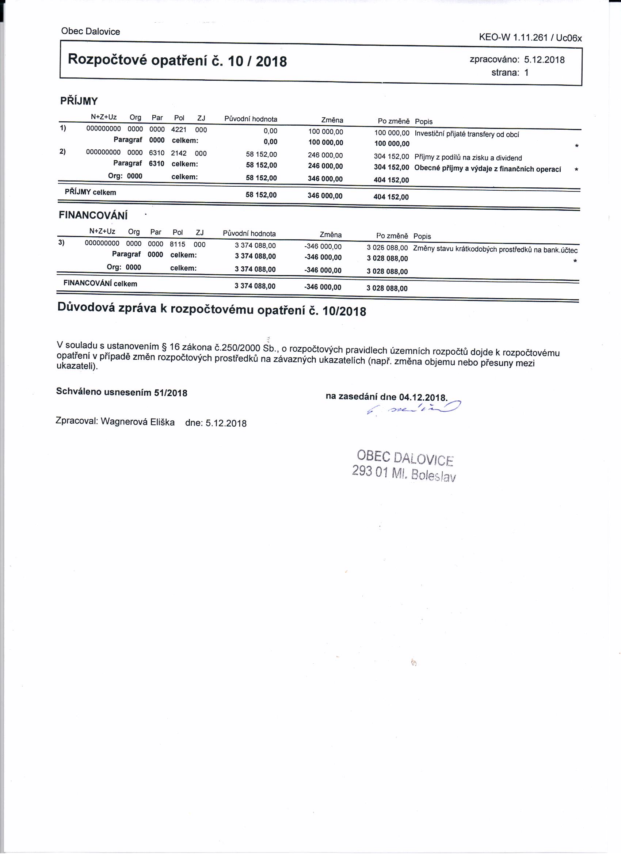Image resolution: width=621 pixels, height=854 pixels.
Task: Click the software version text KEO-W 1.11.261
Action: pyautogui.click(x=513, y=37)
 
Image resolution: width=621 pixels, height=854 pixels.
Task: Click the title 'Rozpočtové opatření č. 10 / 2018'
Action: pyautogui.click(x=177, y=60)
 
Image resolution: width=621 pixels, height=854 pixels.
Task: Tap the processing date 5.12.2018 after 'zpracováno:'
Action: pyautogui.click(x=544, y=60)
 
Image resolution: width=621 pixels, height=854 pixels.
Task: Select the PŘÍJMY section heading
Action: pyautogui.click(x=79, y=101)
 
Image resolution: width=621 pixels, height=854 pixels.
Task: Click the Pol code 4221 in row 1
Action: pyautogui.click(x=179, y=130)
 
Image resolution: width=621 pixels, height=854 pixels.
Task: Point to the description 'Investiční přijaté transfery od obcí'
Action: pyautogui.click(x=466, y=134)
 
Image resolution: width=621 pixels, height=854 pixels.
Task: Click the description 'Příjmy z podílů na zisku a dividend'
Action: pyautogui.click(x=468, y=158)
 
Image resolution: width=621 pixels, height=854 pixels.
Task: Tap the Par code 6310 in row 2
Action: pyautogui.click(x=157, y=153)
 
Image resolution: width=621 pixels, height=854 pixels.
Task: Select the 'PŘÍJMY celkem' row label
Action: pyautogui.click(x=90, y=192)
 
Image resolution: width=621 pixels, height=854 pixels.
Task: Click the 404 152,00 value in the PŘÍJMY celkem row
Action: pyautogui.click(x=391, y=197)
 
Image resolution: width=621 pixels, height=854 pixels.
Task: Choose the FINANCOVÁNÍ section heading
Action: pyautogui.click(x=93, y=216)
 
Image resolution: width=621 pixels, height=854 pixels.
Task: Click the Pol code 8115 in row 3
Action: pyautogui.click(x=178, y=244)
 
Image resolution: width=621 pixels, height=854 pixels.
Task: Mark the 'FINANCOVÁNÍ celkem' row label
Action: pyautogui.click(x=100, y=283)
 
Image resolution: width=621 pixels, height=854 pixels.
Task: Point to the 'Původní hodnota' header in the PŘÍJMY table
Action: pyautogui.click(x=251, y=119)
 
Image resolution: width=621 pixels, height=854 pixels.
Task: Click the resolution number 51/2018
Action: pyautogui.click(x=171, y=393)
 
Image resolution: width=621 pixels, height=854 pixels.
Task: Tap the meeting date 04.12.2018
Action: pyautogui.click(x=423, y=397)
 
